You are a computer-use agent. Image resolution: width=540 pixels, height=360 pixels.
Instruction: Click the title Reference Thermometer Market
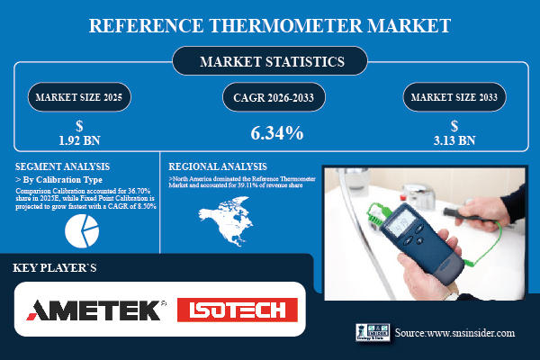click(x=270, y=24)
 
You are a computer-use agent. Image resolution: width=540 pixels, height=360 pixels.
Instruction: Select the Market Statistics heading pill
click(x=269, y=62)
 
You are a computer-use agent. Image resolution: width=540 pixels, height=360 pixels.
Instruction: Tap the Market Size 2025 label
click(x=82, y=95)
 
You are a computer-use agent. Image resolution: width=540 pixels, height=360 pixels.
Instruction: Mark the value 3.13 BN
click(x=454, y=139)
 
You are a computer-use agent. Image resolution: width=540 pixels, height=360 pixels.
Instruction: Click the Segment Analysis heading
click(x=63, y=166)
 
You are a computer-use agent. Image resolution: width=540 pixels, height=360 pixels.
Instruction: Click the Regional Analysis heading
click(x=218, y=166)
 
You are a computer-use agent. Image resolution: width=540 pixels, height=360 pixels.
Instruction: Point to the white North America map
click(x=225, y=221)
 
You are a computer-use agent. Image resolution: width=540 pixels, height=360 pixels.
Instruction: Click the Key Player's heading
click(x=54, y=267)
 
